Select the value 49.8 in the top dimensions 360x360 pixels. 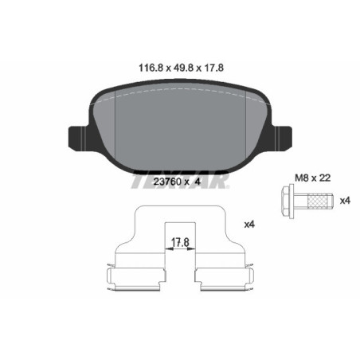(176, 68)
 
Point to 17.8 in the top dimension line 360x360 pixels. (210, 68)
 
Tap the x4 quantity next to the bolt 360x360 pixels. (345, 200)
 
